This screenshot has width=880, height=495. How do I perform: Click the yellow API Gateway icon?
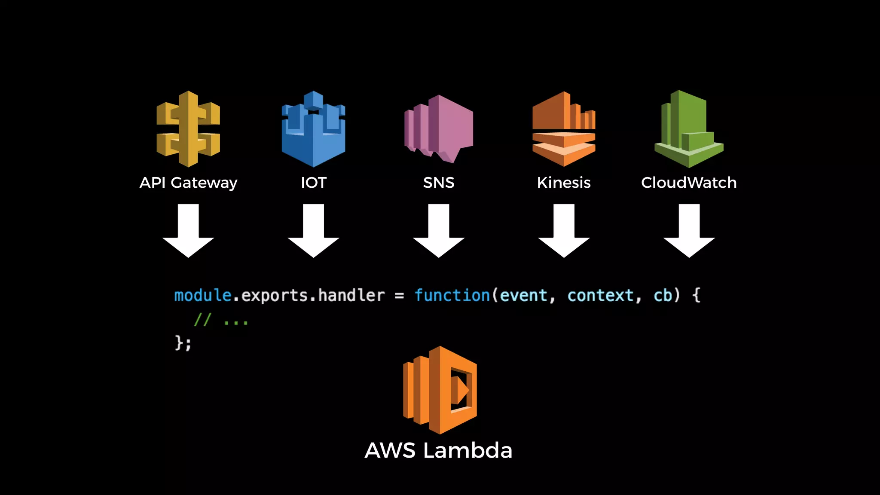188,129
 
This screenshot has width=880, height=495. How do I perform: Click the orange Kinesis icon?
564,129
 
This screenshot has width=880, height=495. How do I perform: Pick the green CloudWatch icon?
688,129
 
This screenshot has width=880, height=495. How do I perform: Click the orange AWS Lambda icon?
440,390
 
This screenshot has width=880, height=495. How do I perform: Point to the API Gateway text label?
188,183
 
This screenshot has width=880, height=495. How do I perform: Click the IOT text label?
314,183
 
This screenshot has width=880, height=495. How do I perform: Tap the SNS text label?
439,183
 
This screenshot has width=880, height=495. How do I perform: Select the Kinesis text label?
564,183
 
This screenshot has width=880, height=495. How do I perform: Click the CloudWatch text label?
689,183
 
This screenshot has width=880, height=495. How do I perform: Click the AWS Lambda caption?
438,451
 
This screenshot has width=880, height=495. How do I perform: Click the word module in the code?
203,296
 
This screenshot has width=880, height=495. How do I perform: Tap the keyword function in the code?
452,296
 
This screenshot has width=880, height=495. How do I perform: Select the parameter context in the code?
600,296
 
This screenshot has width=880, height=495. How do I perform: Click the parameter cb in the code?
663,296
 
